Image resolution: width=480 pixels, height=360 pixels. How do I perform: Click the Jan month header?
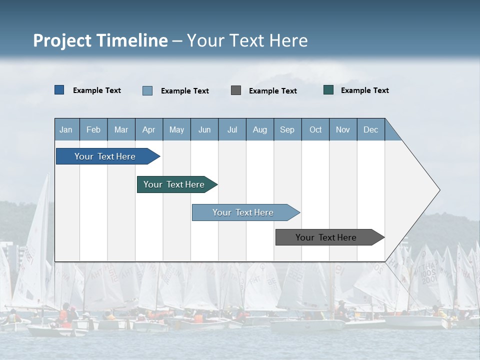pyautogui.click(x=66, y=129)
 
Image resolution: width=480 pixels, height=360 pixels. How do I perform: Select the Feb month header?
pyautogui.click(x=93, y=129)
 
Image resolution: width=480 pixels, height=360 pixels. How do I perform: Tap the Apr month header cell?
pyautogui.click(x=149, y=129)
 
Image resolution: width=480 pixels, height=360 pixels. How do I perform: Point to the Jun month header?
pyautogui.click(x=204, y=129)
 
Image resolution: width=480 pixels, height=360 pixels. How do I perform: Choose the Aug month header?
pyautogui.click(x=260, y=129)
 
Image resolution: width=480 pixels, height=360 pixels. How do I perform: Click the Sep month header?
pyautogui.click(x=287, y=129)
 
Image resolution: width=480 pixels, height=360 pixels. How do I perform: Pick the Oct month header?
pyautogui.click(x=315, y=129)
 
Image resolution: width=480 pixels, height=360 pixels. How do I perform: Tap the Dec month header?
pyautogui.click(x=371, y=129)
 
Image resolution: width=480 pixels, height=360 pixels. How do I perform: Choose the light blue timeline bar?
pyautogui.click(x=243, y=212)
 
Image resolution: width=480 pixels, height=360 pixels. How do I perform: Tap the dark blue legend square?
pyautogui.click(x=59, y=90)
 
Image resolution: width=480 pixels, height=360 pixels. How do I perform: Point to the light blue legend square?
pyautogui.click(x=147, y=90)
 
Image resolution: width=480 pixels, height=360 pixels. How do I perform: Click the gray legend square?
pyautogui.click(x=236, y=90)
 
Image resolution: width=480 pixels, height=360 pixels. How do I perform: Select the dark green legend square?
pyautogui.click(x=328, y=90)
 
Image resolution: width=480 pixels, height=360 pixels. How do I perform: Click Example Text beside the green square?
pyautogui.click(x=364, y=90)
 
